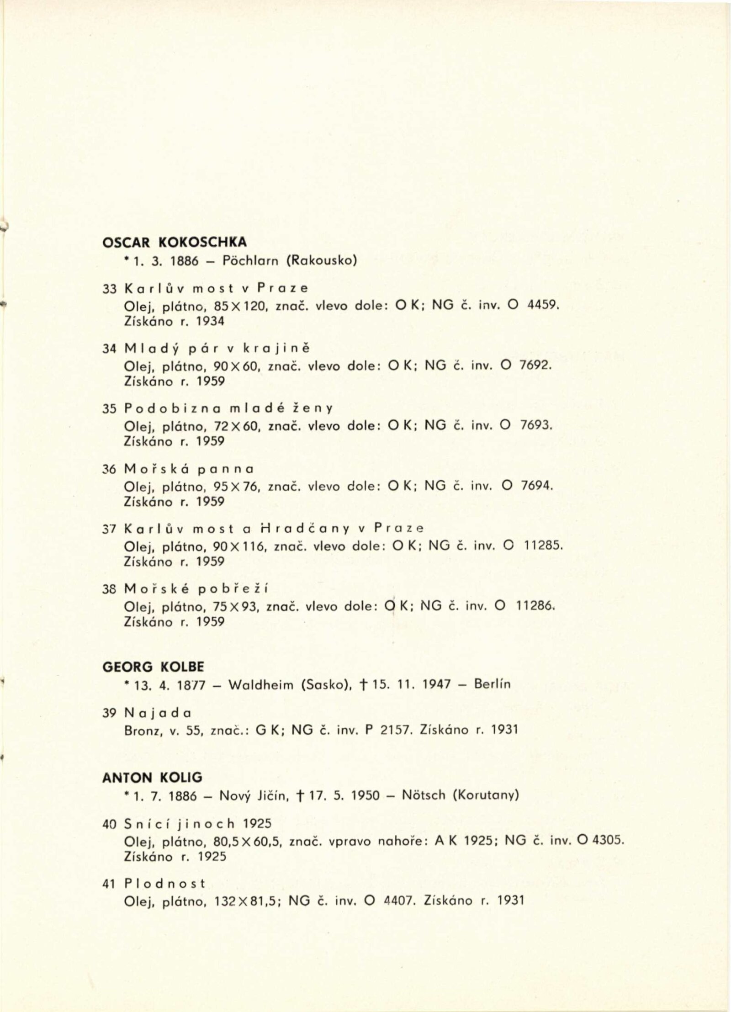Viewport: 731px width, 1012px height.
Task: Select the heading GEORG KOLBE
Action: coord(153,668)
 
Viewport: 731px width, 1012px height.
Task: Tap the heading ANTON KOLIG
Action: coord(152,777)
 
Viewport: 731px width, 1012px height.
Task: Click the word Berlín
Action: coord(492,684)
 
